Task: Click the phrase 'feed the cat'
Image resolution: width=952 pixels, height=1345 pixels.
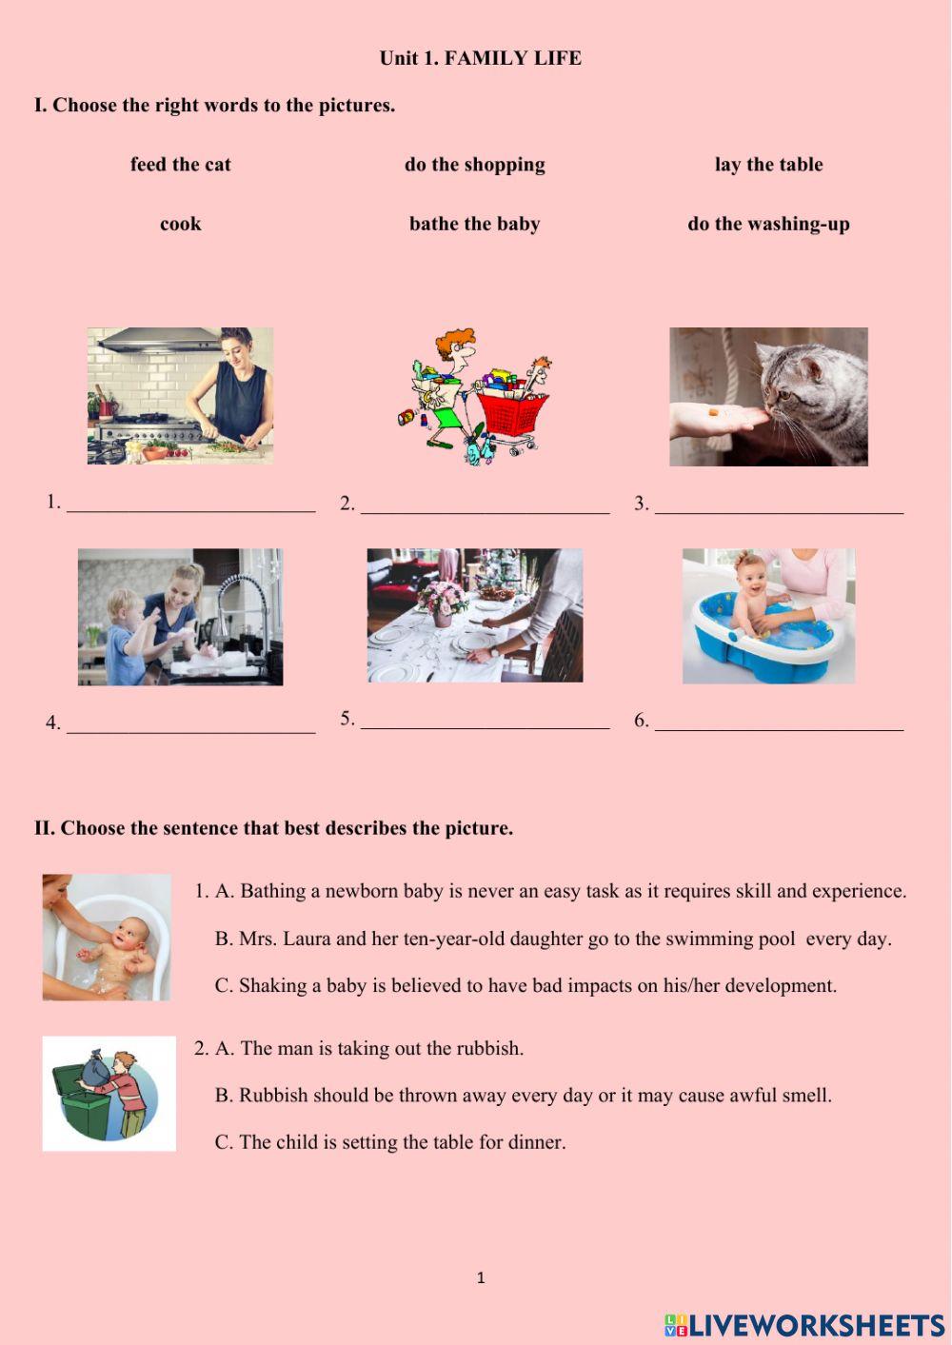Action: pyautogui.click(x=181, y=165)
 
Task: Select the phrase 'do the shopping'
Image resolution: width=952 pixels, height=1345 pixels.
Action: pyautogui.click(x=474, y=165)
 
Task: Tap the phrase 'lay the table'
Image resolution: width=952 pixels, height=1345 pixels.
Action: pyautogui.click(x=768, y=165)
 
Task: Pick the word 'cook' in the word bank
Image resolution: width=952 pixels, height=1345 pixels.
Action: pyautogui.click(x=181, y=225)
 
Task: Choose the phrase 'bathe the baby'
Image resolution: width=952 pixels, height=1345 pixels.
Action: pyautogui.click(x=474, y=225)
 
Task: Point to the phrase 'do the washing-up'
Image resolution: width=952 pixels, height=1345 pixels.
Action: pyautogui.click(x=768, y=225)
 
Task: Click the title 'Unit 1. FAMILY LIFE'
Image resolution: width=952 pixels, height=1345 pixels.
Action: pyautogui.click(x=480, y=58)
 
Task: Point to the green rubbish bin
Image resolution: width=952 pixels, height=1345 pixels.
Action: pyautogui.click(x=81, y=1104)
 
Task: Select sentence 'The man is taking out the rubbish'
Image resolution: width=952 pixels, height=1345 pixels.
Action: pyautogui.click(x=381, y=1049)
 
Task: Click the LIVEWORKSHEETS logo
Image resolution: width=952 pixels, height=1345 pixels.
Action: pyautogui.click(x=803, y=1324)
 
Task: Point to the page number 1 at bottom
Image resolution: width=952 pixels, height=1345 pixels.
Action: pyautogui.click(x=481, y=1277)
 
